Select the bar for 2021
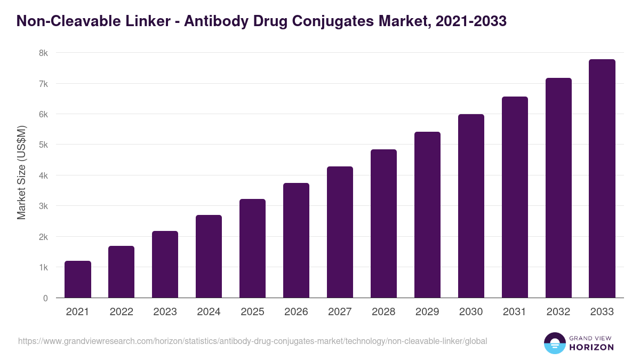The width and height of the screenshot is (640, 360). [78, 279]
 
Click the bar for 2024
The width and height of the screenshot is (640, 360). [209, 256]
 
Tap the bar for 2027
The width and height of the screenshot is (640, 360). [340, 232]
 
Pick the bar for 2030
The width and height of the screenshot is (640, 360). [471, 206]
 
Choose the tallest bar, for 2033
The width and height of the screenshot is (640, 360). [603, 179]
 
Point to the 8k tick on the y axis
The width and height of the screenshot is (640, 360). [43, 53]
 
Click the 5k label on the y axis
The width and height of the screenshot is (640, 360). [43, 145]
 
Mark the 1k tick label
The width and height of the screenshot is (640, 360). [43, 267]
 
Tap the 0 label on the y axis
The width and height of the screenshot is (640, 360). [45, 298]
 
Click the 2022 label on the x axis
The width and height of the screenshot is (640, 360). [122, 312]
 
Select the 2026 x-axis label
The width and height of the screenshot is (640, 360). [297, 312]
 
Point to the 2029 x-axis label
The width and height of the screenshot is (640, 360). [428, 312]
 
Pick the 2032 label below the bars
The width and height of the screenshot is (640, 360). [559, 312]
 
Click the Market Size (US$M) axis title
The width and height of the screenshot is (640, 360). [21, 172]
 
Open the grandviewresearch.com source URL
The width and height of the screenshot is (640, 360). [252, 341]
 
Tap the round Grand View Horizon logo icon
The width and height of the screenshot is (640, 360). [554, 343]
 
